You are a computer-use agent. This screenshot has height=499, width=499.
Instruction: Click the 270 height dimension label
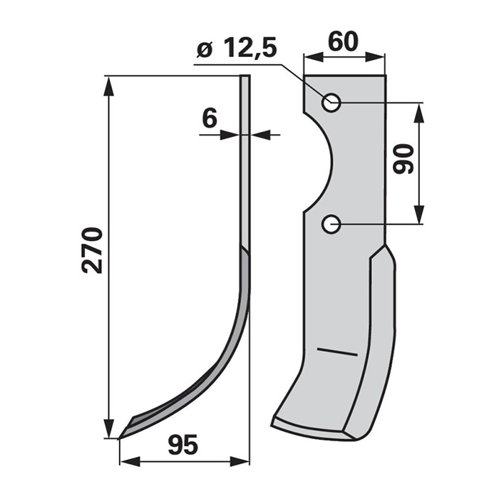(x=92, y=250)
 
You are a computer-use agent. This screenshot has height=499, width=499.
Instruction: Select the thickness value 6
(x=210, y=118)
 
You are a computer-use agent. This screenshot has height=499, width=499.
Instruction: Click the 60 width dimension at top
(x=343, y=41)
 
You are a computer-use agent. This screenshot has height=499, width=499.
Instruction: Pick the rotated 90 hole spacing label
(x=403, y=159)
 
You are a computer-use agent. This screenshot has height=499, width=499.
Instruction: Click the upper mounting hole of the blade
(x=331, y=103)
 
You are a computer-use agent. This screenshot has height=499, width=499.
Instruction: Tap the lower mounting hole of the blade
(x=331, y=225)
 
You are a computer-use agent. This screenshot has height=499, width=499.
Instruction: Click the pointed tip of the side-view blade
(x=119, y=439)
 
